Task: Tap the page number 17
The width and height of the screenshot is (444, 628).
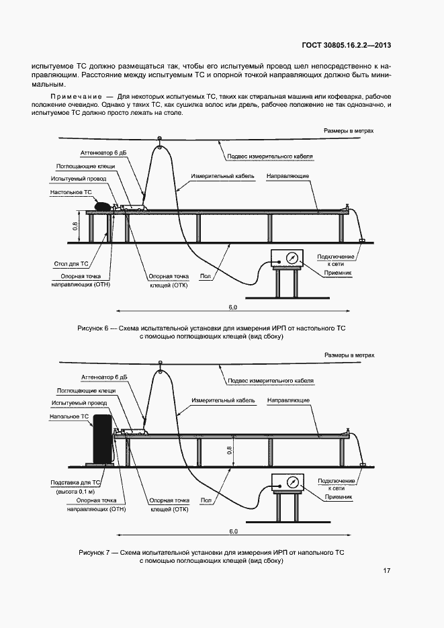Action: tap(387, 571)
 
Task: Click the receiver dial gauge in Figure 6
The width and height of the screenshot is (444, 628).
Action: tap(292, 259)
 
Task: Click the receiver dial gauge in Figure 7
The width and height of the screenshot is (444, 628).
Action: tap(292, 483)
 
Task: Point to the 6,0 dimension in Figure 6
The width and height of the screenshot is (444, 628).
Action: tap(232, 308)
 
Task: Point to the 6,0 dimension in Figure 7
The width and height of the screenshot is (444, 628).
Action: tap(232, 532)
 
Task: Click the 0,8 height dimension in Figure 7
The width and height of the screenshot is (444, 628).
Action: tap(230, 451)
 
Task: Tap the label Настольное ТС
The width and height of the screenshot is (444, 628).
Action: tap(71, 191)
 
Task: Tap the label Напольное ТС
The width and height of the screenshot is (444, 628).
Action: tap(69, 416)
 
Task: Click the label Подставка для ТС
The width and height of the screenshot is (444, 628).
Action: tap(75, 482)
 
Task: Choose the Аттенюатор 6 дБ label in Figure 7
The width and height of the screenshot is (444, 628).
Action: tap(103, 377)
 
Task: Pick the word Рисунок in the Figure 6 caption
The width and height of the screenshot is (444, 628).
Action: tap(93, 327)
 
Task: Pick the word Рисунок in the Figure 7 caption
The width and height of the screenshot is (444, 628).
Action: tap(93, 551)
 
